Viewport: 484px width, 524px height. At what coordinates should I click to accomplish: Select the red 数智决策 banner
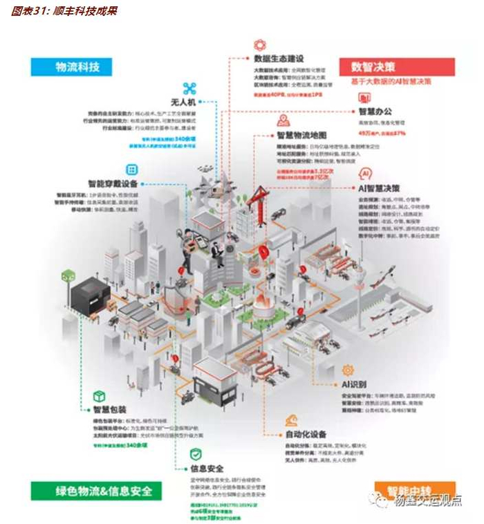point(397,66)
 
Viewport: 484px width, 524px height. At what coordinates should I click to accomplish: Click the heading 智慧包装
point(109,410)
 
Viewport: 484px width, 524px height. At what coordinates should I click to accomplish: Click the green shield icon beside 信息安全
point(196,453)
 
